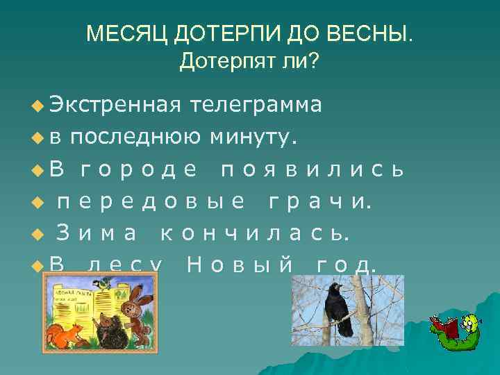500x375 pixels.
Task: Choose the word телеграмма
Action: [256, 105]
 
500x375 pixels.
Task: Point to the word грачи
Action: [320, 202]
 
